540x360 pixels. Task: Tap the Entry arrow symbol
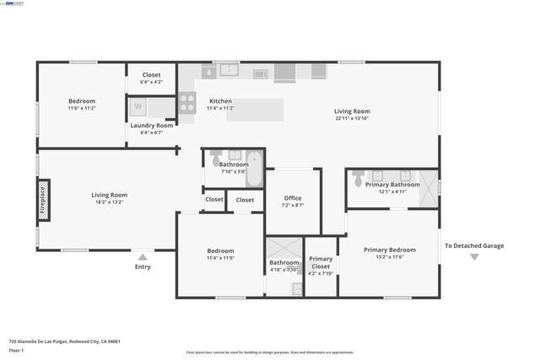pyautogui.click(x=143, y=257)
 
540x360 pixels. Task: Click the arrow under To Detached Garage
pyautogui.click(x=474, y=256)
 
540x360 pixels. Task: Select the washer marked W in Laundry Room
pyautogui.click(x=138, y=106)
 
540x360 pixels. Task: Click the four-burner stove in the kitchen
pyautogui.click(x=186, y=104)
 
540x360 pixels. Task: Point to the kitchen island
pyautogui.click(x=255, y=109)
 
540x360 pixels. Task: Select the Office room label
pyautogui.click(x=293, y=198)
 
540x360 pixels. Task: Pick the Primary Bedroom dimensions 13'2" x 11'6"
pyautogui.click(x=389, y=259)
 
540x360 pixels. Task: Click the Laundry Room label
pyautogui.click(x=151, y=125)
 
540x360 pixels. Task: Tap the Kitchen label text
pyautogui.click(x=220, y=101)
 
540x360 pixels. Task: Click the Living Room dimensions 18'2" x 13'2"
pyautogui.click(x=109, y=202)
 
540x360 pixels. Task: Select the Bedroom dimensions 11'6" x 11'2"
pyautogui.click(x=82, y=108)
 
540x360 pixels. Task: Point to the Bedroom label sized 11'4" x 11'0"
pyautogui.click(x=220, y=250)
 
